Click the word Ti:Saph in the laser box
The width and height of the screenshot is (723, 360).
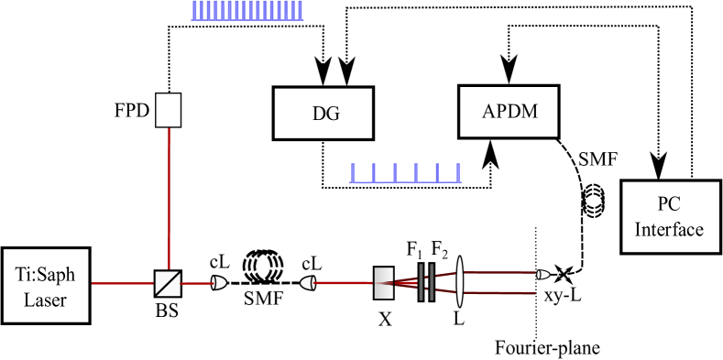(x=46, y=275)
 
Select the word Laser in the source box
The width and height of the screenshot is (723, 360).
(x=46, y=299)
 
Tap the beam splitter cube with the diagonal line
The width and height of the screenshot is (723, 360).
(x=168, y=283)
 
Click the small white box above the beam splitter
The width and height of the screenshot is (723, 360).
(x=168, y=110)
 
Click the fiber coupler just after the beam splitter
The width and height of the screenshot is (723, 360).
(x=218, y=283)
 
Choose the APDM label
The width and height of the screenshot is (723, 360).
(x=509, y=112)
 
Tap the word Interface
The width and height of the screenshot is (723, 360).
(x=669, y=229)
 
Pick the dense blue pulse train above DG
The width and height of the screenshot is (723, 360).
(x=246, y=10)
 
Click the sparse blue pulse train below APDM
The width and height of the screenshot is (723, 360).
(x=404, y=172)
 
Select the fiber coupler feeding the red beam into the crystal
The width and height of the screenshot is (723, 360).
(x=308, y=283)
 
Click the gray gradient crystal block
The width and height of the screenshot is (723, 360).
(x=384, y=283)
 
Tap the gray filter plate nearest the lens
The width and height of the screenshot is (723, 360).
(x=431, y=282)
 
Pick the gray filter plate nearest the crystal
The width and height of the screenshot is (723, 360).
(x=422, y=282)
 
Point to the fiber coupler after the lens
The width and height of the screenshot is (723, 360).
(x=543, y=274)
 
